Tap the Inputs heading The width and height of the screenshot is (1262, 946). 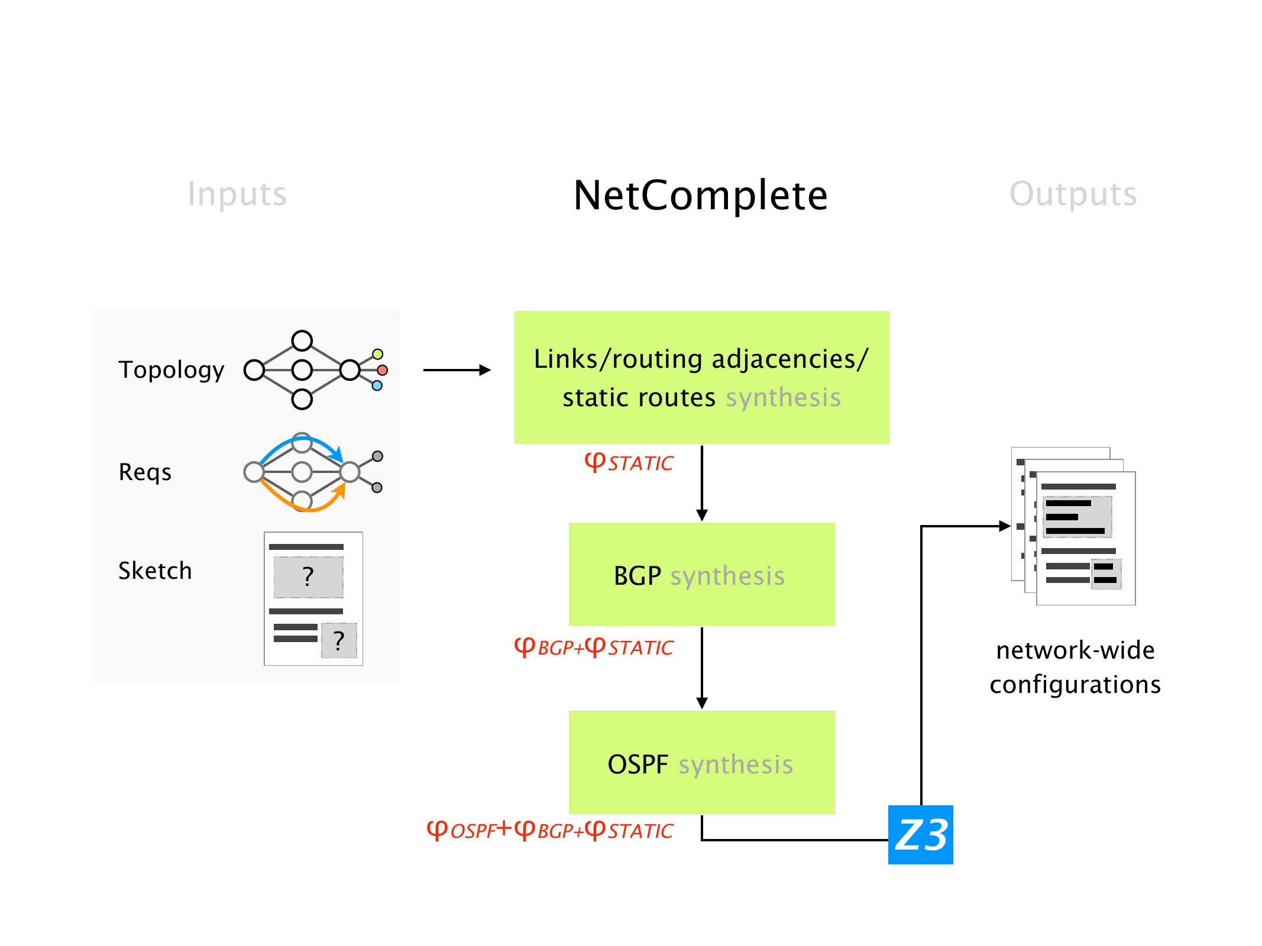pos(237,194)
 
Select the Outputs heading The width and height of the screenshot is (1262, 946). pos(1073,194)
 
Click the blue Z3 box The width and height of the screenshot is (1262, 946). pos(920,834)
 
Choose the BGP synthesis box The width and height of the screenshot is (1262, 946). pos(701,574)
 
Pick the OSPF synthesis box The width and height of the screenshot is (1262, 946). pos(701,762)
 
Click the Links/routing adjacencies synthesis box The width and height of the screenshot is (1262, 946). pos(701,377)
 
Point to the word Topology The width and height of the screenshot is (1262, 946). pos(171,370)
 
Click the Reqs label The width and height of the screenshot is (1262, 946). pos(145,472)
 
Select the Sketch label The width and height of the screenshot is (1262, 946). pos(155,571)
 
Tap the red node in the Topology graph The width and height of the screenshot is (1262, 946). pos(383,370)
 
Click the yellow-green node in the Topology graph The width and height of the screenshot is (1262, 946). pos(377,354)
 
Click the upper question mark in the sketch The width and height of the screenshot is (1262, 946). pos(308,576)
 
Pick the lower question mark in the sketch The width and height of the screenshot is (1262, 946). pos(339,640)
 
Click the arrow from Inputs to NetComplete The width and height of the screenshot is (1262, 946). pos(457,370)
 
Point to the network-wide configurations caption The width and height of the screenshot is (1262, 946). pos(1075,667)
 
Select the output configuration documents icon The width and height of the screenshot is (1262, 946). pos(1073,526)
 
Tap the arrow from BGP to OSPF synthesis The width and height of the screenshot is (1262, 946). pos(702,668)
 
